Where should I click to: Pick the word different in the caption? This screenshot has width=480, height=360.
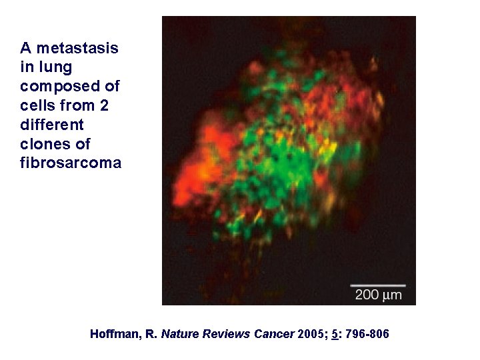pyautogui.click(x=52, y=125)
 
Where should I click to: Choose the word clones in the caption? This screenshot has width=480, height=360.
pyautogui.click(x=45, y=144)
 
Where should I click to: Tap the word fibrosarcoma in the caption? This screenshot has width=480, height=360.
pyautogui.click(x=71, y=163)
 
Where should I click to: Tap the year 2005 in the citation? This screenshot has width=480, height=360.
pyautogui.click(x=309, y=334)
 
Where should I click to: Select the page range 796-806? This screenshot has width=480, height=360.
pyautogui.click(x=367, y=334)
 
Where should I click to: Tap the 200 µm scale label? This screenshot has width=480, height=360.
pyautogui.click(x=378, y=295)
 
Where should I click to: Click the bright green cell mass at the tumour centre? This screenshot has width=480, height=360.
pyautogui.click(x=287, y=167)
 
